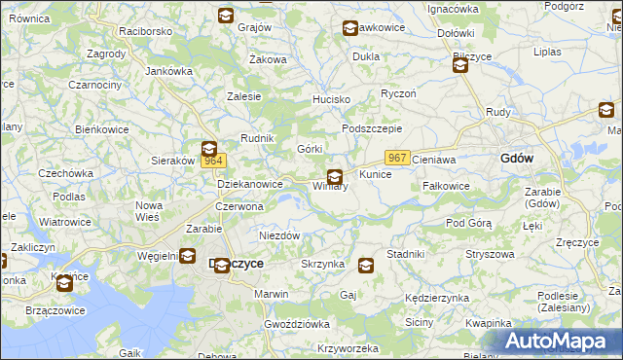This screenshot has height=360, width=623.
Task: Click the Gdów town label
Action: click(516, 158)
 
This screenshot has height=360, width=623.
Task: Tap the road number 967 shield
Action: click(396, 158)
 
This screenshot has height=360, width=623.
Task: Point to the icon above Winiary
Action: click(335, 176)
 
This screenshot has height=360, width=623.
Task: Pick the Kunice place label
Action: click(375, 174)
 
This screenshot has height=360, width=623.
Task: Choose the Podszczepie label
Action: click(372, 128)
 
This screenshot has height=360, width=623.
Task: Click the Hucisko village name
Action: click(330, 99)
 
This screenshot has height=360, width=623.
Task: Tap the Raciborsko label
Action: click(146, 31)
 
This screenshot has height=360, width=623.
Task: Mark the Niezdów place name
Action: click(278, 235)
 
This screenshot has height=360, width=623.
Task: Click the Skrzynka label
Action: click(323, 264)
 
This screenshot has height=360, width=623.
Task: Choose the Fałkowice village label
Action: click(447, 186)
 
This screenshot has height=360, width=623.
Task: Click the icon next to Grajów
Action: click(225, 16)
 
